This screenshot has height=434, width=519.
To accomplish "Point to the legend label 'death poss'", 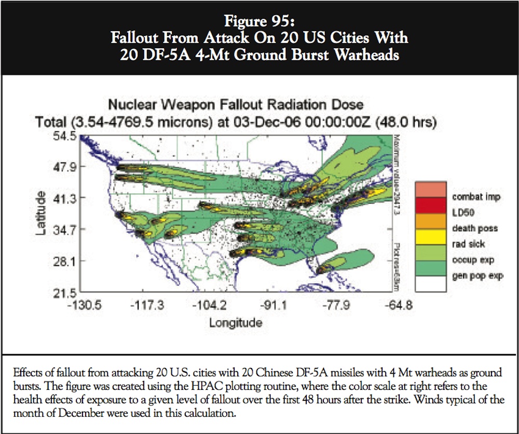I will (x=475, y=229).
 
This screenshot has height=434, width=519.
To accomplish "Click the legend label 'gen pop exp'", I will (x=477, y=276).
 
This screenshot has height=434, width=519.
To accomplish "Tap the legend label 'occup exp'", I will (x=472, y=260).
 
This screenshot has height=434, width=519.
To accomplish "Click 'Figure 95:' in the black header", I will (x=259, y=22).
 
